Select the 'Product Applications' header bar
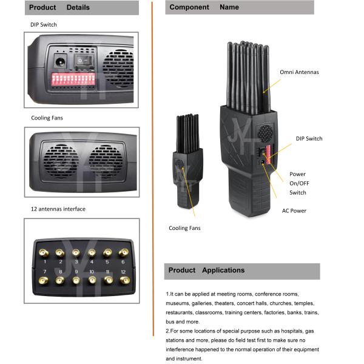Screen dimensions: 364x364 [x=242, y=271]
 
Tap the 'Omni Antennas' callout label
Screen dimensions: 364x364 [x=299, y=72]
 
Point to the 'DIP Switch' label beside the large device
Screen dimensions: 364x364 [x=309, y=139]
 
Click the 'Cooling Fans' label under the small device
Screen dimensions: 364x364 [x=184, y=228]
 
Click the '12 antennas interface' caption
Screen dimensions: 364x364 [x=58, y=209]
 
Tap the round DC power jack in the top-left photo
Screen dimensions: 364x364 [x=61, y=61]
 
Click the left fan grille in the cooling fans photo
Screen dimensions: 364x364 [x=60, y=161]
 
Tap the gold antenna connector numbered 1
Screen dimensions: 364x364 [x=44, y=252]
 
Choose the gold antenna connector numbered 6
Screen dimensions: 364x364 [x=124, y=252]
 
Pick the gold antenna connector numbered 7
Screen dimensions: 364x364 [x=44, y=281]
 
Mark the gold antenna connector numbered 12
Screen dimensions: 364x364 [x=124, y=281]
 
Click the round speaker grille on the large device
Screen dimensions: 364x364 [x=265, y=133]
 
